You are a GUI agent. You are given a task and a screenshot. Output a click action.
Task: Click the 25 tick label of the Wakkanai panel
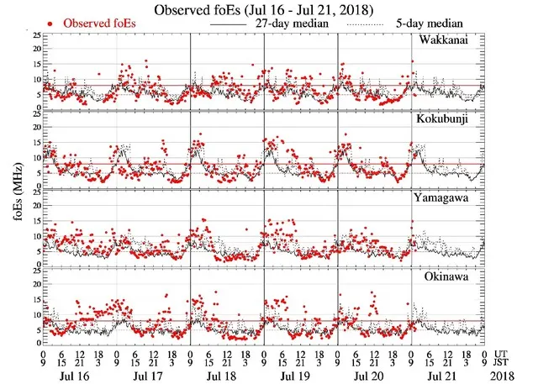[x=35, y=36]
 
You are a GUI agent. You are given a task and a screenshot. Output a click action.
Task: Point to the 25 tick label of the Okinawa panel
[x=35, y=272]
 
